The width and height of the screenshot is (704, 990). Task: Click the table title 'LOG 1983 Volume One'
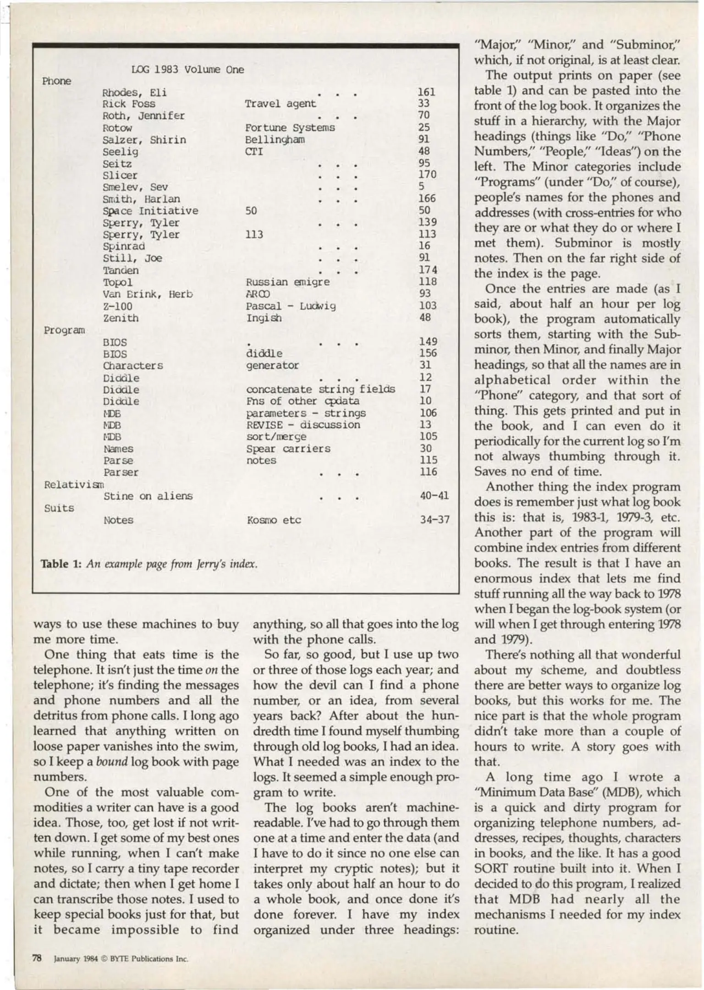(x=187, y=70)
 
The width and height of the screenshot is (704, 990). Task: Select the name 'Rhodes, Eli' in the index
(x=134, y=93)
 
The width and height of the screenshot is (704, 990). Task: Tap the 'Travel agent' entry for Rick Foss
(x=280, y=104)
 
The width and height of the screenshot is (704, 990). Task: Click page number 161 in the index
(x=426, y=92)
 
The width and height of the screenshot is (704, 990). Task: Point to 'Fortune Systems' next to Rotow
(x=290, y=128)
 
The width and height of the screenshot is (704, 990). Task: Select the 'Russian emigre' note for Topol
(x=287, y=282)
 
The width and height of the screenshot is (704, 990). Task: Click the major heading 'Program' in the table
(x=64, y=330)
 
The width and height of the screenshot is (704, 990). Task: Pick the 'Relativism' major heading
(x=74, y=484)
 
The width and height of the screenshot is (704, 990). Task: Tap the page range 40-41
(x=434, y=495)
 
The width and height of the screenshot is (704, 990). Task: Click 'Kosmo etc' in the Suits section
(x=274, y=520)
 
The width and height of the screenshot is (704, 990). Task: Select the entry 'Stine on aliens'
(x=148, y=496)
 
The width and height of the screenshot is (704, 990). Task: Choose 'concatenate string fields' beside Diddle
(x=320, y=390)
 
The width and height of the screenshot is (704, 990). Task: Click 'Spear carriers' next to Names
(x=288, y=449)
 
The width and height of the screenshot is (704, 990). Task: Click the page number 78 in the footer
(x=37, y=958)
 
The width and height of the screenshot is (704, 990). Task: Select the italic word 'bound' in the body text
(x=111, y=762)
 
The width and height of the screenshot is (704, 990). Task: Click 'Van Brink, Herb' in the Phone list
(x=147, y=294)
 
